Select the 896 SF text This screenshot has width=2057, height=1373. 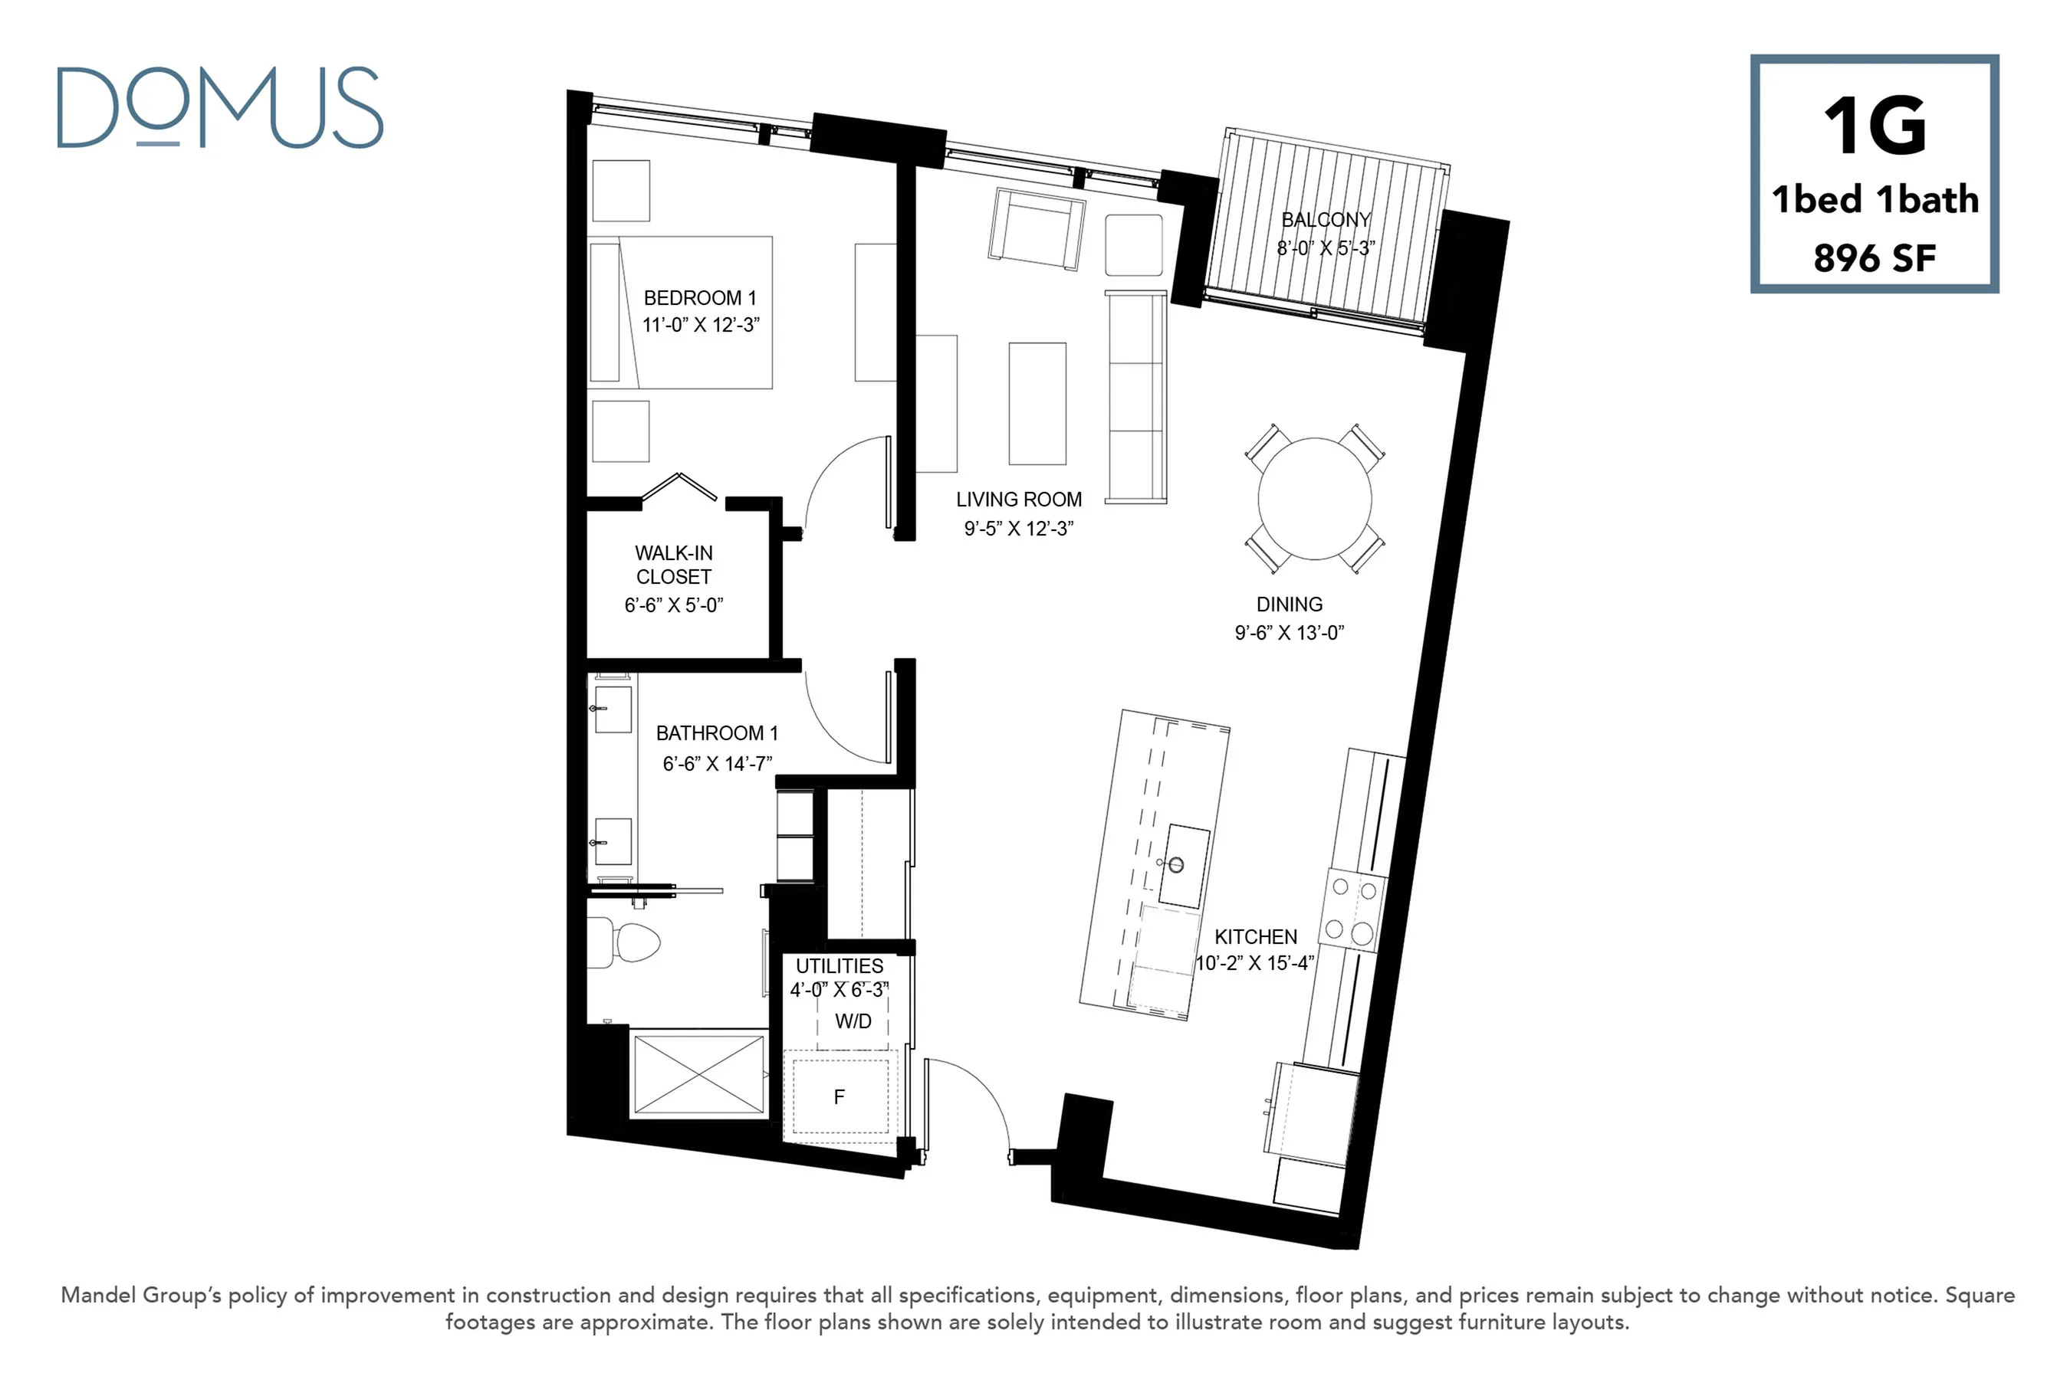click(x=1874, y=257)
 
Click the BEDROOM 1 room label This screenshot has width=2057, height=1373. click(x=700, y=298)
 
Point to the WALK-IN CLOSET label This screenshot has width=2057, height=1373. click(x=674, y=565)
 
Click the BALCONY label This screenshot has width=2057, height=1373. click(x=1326, y=220)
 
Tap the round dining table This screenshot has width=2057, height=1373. click(x=1315, y=498)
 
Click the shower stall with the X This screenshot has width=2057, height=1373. click(x=699, y=1075)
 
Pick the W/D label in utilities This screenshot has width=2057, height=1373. click(x=853, y=1021)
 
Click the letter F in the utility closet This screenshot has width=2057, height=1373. click(x=840, y=1096)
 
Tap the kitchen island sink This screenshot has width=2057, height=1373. click(x=1185, y=865)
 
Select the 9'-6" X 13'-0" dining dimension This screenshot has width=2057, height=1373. click(x=1290, y=632)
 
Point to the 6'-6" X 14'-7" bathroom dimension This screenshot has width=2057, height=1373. click(x=718, y=764)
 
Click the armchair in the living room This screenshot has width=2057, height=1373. click(x=1037, y=229)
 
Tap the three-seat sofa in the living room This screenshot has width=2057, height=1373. click(x=1136, y=397)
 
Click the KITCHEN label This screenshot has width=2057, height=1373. click(x=1255, y=936)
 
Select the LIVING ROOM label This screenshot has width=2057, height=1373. click(x=1019, y=499)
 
